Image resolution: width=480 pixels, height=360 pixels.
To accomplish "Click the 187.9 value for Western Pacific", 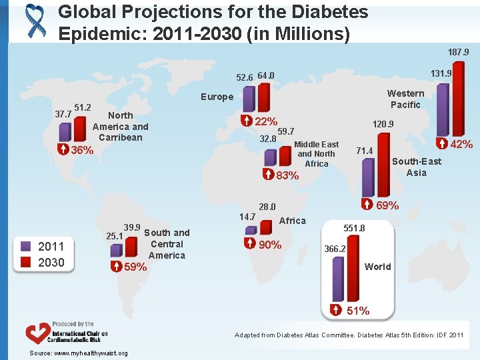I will point(458,52).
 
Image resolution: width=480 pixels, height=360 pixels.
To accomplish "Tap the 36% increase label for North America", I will point(82,150).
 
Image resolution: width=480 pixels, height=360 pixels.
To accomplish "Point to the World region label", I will point(377,267).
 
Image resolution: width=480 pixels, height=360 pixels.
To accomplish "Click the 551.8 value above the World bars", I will point(354,228).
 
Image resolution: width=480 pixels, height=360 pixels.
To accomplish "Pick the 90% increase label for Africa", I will point(269,245).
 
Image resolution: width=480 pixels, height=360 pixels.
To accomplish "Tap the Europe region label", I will point(217,97).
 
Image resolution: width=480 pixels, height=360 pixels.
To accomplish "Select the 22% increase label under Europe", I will point(266,121).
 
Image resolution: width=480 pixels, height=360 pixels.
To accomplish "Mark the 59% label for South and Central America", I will point(135,267).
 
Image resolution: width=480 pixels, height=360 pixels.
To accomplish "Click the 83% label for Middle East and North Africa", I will point(287,176).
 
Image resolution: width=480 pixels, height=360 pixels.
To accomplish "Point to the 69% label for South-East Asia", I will point(387,205).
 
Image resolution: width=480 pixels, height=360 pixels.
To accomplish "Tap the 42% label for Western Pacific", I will point(461,144).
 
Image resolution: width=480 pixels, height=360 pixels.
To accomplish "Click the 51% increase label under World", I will point(358,311).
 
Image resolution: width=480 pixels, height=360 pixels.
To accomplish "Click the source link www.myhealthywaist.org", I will point(79,353).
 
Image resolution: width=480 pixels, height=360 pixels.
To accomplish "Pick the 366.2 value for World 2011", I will point(335,249).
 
